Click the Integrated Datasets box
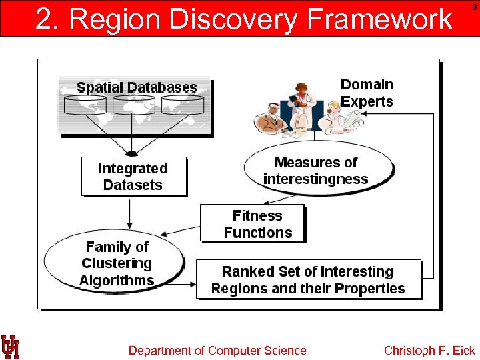click(133, 177)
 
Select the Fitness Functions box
click(253, 223)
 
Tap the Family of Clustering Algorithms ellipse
click(115, 263)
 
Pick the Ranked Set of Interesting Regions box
click(308, 279)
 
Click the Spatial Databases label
click(137, 87)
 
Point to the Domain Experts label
click(367, 93)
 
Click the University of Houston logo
click(10, 347)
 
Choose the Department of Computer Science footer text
click(217, 351)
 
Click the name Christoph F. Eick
click(429, 351)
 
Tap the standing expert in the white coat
click(303, 107)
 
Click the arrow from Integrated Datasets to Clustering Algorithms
click(129, 213)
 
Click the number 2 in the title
click(43, 19)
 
